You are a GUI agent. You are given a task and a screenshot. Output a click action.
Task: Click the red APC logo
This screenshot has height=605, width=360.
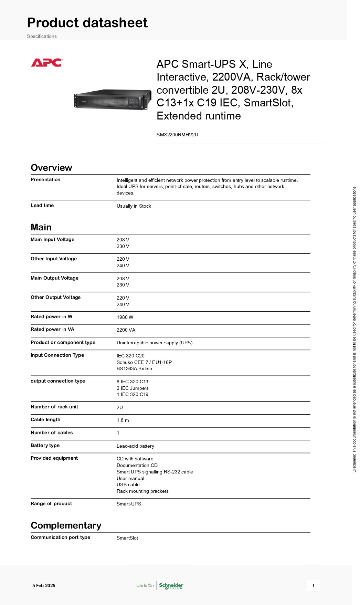point(46,63)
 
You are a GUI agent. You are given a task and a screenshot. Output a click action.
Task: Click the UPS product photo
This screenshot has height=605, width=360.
point(113,99)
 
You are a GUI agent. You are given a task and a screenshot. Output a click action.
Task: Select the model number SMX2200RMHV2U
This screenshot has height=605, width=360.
point(177,135)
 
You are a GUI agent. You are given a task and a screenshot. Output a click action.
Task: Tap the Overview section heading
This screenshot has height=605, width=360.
point(51,168)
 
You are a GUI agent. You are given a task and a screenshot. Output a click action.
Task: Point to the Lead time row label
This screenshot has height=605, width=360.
point(42,206)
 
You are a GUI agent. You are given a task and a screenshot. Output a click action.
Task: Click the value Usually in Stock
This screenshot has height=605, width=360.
point(134,206)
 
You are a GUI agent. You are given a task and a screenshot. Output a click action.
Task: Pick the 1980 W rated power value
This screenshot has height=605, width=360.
point(125,317)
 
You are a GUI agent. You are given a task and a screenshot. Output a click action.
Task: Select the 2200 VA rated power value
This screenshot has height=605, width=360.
point(126,330)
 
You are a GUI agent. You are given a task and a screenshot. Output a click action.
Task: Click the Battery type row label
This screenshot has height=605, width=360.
point(45,446)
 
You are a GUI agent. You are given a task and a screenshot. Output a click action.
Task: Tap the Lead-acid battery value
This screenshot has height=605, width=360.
point(135,446)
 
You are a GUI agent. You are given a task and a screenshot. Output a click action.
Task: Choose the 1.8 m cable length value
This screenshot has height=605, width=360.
point(123,420)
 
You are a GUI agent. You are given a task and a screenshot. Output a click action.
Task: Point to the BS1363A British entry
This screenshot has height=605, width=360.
point(134,369)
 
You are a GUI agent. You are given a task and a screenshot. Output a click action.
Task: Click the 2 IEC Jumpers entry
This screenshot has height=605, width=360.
point(133,388)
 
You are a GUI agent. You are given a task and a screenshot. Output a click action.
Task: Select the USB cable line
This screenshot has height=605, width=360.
point(128,485)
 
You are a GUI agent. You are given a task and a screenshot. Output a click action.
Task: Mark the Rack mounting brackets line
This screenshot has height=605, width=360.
point(142,491)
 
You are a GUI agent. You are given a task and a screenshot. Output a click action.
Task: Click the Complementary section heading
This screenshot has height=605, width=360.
point(66,525)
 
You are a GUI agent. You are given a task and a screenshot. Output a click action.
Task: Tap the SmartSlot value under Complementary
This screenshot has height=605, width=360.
point(127,538)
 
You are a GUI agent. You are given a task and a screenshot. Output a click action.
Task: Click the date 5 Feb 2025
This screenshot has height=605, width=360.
point(44,586)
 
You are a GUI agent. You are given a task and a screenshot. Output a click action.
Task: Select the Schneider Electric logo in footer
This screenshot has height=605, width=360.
point(171,586)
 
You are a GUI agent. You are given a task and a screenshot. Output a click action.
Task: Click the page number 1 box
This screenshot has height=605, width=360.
point(313,585)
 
